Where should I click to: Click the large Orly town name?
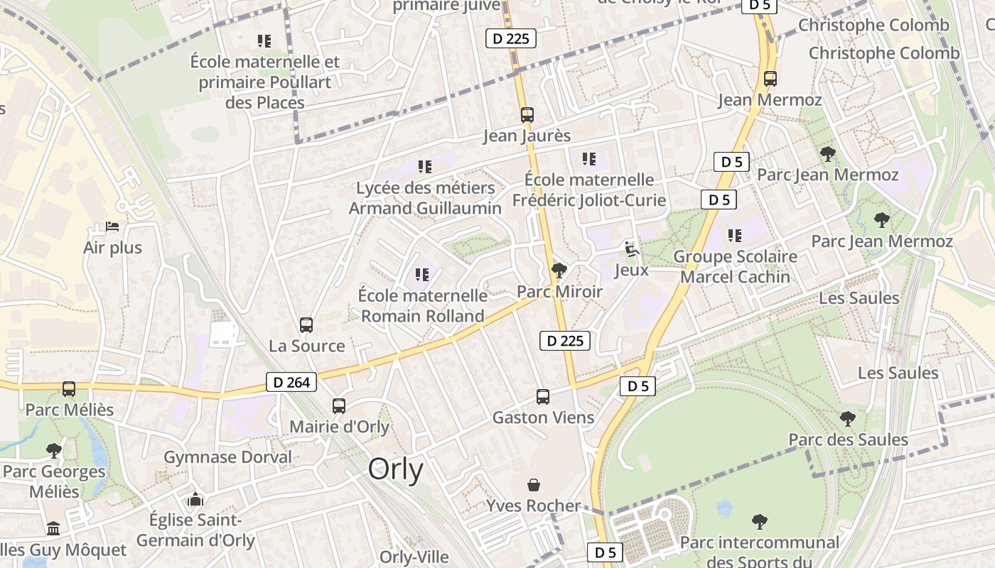[396, 470]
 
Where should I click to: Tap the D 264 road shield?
[291, 383]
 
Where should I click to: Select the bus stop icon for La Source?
[306, 325]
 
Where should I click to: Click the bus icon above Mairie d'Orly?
[339, 406]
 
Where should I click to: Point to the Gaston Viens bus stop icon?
[543, 397]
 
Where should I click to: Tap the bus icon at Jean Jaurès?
[527, 115]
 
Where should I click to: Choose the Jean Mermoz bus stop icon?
[770, 79]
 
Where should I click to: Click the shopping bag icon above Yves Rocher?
[534, 486]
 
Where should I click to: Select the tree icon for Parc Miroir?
[559, 271]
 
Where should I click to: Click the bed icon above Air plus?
[112, 227]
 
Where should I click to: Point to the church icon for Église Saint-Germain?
[195, 500]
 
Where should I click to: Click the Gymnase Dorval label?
[227, 457]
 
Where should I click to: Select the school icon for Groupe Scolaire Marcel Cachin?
[735, 235]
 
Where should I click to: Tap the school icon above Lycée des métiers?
[425, 167]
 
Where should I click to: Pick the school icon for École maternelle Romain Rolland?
[422, 274]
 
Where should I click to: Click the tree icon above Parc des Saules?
[847, 419]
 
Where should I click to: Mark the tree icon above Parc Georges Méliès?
[53, 450]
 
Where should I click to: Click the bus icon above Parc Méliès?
[69, 389]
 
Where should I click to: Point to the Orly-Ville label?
[414, 557]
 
